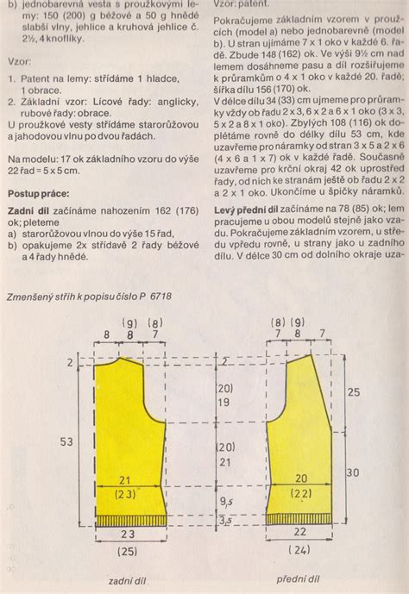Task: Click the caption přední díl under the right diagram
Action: coord(299,579)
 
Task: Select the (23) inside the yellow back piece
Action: coord(126,496)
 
